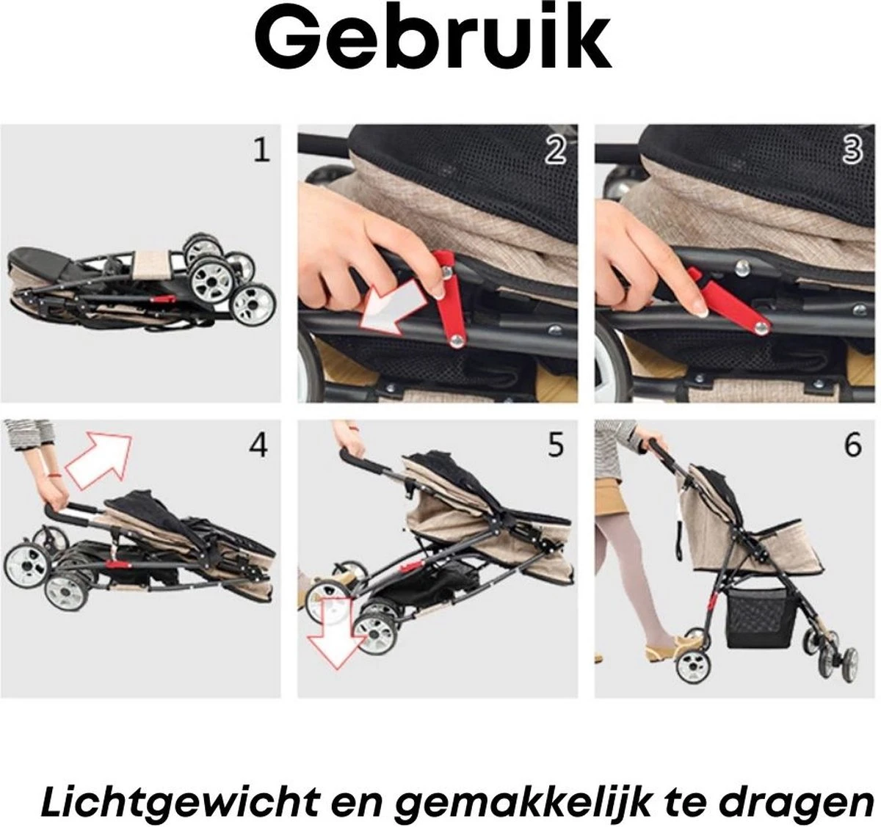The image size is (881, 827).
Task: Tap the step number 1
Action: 261,150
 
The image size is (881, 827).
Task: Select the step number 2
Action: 556,150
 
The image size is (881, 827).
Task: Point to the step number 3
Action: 852,150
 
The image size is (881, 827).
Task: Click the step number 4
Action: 258,445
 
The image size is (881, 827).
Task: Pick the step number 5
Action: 556,445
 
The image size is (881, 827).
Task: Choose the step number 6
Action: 852,445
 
